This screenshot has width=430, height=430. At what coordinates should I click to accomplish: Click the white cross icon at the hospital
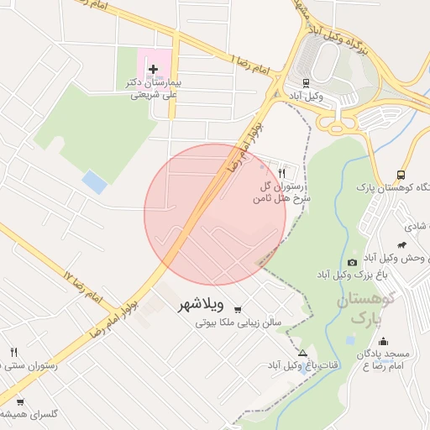(153, 69)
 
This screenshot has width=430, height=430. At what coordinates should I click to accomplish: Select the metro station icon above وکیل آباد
(307, 83)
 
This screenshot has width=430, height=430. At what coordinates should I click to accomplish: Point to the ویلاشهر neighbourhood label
(202, 305)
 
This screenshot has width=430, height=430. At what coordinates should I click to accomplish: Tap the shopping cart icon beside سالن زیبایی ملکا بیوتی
(239, 308)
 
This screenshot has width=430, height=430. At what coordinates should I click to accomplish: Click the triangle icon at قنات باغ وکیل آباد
(302, 352)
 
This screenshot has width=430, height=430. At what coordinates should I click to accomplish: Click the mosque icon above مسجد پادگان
(383, 341)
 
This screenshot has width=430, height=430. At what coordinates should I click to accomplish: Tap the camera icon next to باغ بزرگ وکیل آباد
(352, 262)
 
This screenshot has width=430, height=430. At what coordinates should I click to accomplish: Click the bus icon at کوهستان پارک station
(401, 175)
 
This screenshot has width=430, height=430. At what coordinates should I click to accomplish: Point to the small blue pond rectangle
(95, 182)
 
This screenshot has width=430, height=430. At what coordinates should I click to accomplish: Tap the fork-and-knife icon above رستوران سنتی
(13, 352)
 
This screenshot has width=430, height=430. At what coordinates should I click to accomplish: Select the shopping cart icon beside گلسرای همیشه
(20, 401)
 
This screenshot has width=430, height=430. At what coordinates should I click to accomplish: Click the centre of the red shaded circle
(215, 214)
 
